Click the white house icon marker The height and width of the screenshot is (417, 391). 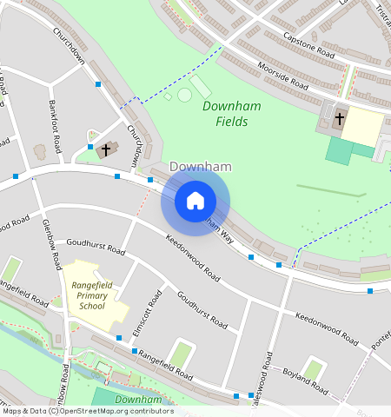[195, 201]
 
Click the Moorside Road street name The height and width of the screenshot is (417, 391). [283, 76]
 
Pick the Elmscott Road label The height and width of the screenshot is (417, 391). [148, 314]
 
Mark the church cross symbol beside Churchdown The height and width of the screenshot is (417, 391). [106, 149]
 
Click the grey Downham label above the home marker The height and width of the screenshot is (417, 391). [199, 166]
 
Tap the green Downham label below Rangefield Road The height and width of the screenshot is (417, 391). [139, 400]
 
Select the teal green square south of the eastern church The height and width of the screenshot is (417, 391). [339, 149]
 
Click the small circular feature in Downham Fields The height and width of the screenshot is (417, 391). [184, 95]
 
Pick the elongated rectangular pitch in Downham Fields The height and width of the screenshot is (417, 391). [201, 87]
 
